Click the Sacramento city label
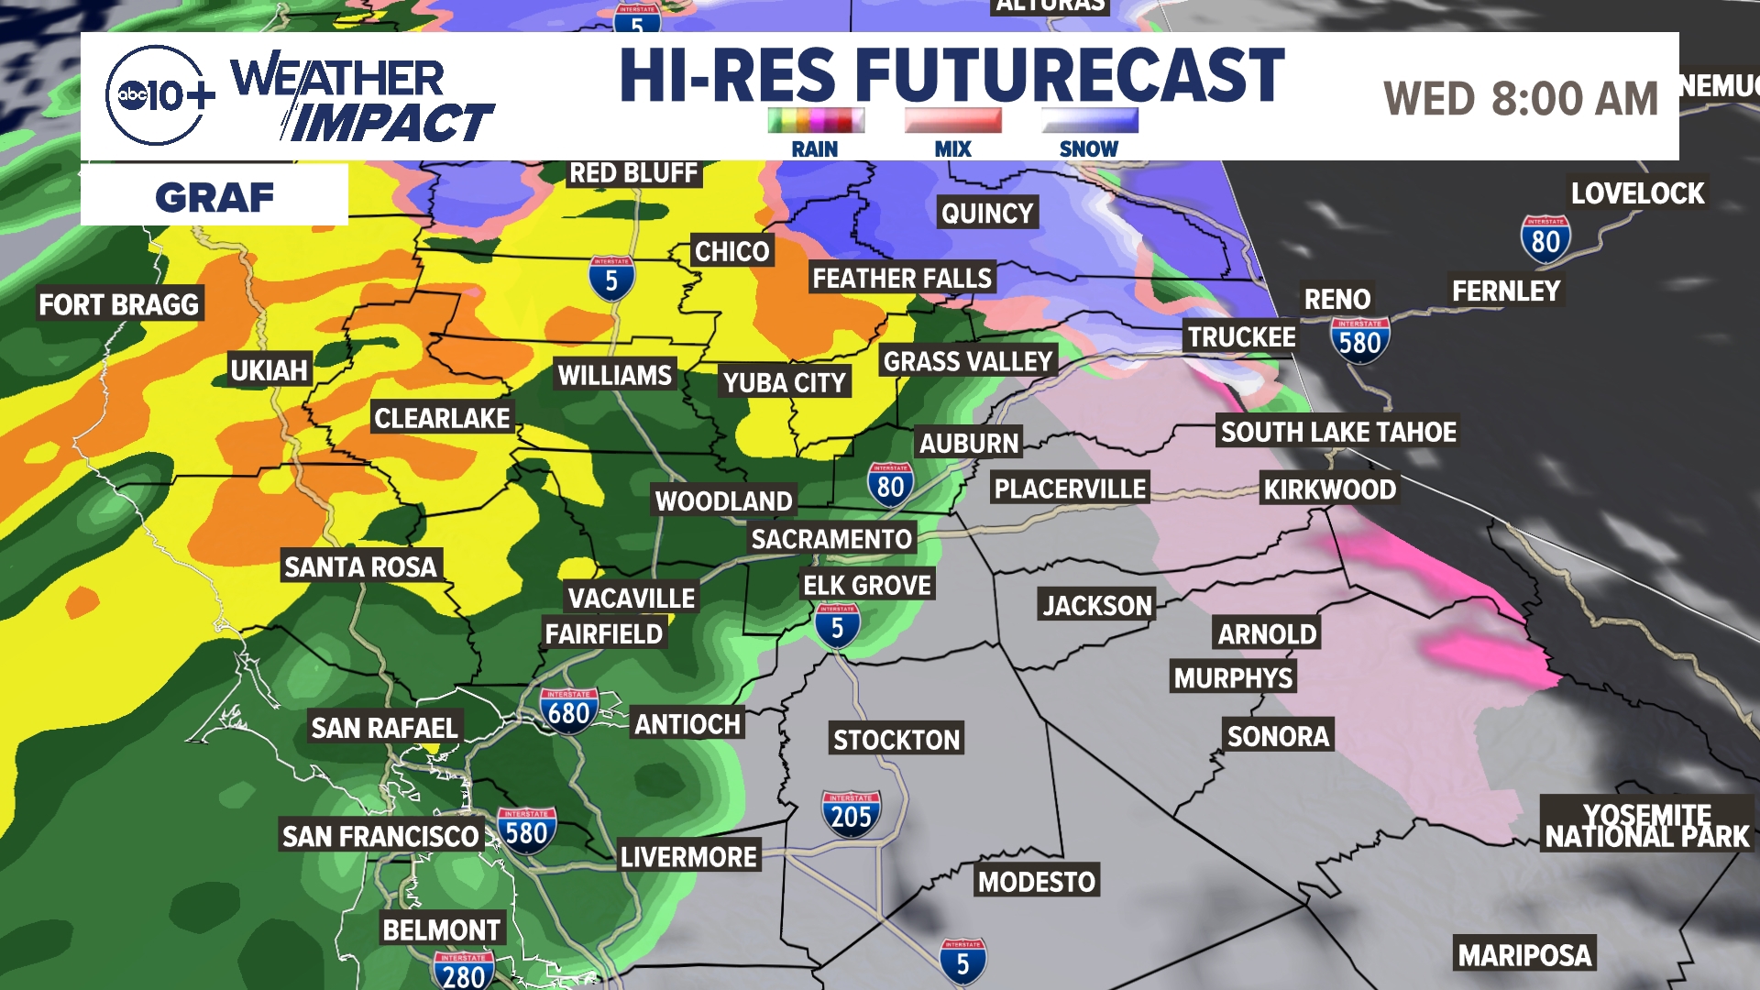tap(831, 539)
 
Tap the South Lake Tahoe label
tap(1338, 432)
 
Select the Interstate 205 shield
tap(851, 814)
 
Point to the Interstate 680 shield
tap(568, 711)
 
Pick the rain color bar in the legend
tap(815, 120)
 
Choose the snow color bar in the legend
tap(1089, 120)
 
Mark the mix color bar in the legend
tap(952, 120)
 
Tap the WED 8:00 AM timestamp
tap(1521, 99)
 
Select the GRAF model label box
tap(214, 196)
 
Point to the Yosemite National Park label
tap(1647, 825)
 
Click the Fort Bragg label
tap(118, 304)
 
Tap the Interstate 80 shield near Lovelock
tap(1545, 239)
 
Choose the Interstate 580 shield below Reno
tap(1359, 340)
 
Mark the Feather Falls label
tap(902, 278)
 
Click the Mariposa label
tap(1524, 955)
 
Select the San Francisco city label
tap(380, 836)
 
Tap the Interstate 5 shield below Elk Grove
tap(837, 627)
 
